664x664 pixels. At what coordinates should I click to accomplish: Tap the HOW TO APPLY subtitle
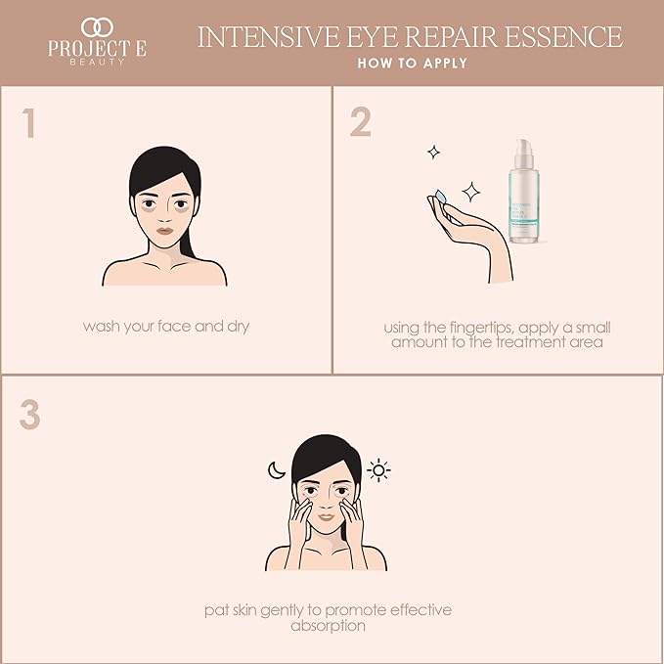tap(410, 64)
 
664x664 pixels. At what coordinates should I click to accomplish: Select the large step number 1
tap(29, 124)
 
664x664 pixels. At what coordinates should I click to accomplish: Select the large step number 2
tap(360, 122)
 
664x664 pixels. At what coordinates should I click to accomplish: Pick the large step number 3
tap(29, 415)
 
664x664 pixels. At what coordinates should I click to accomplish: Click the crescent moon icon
tap(276, 470)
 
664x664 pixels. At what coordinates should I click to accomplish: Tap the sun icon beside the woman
tap(378, 471)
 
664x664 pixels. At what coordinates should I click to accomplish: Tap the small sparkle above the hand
tap(432, 152)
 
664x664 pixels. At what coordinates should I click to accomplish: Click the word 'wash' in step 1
tap(102, 327)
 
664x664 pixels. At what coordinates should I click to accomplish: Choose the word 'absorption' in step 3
tap(328, 626)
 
